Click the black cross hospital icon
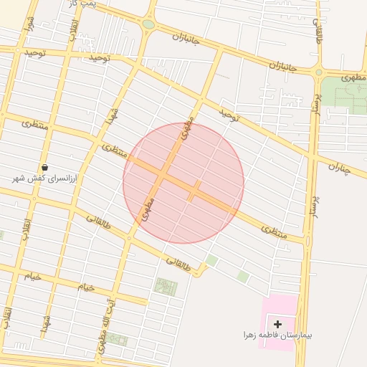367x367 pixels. pos(278,325)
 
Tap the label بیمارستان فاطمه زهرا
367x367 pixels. pos(278,335)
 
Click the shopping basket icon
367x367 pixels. pos(45,167)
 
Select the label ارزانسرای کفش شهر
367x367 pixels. pos(46,177)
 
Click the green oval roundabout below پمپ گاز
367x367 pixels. pos(148,24)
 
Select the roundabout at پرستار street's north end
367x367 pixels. pos(318,72)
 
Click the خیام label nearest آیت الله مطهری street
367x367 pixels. pos(86,287)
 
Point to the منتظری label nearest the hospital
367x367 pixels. pos(273,231)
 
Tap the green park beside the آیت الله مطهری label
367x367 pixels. pos(118,338)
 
